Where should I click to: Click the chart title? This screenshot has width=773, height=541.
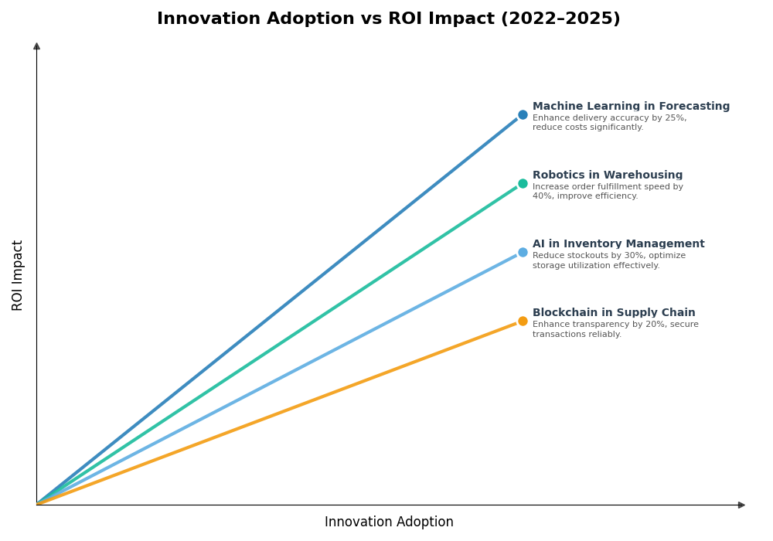(388, 19)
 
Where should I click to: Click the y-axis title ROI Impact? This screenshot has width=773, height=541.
(18, 275)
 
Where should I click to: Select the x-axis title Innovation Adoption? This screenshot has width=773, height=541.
(389, 522)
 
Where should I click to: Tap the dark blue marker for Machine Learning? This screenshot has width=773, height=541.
(523, 115)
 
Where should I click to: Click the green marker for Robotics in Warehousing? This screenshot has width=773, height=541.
(523, 184)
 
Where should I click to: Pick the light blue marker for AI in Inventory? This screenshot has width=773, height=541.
(523, 253)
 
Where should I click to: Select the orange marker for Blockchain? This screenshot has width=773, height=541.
(523, 322)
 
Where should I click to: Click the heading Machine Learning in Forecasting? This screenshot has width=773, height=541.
(631, 107)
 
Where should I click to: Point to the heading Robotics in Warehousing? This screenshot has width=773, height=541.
(608, 175)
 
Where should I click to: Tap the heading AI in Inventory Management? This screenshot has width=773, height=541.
(618, 244)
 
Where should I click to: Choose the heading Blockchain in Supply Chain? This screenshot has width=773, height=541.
(614, 313)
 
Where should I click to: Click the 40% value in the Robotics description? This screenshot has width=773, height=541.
(542, 196)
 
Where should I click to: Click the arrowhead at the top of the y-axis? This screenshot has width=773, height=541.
(36, 46)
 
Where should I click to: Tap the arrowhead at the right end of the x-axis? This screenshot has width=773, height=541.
(741, 505)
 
